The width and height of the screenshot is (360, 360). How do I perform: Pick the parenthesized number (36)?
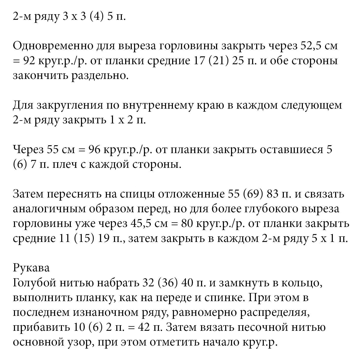168,283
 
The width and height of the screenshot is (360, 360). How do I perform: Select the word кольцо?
302,283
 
